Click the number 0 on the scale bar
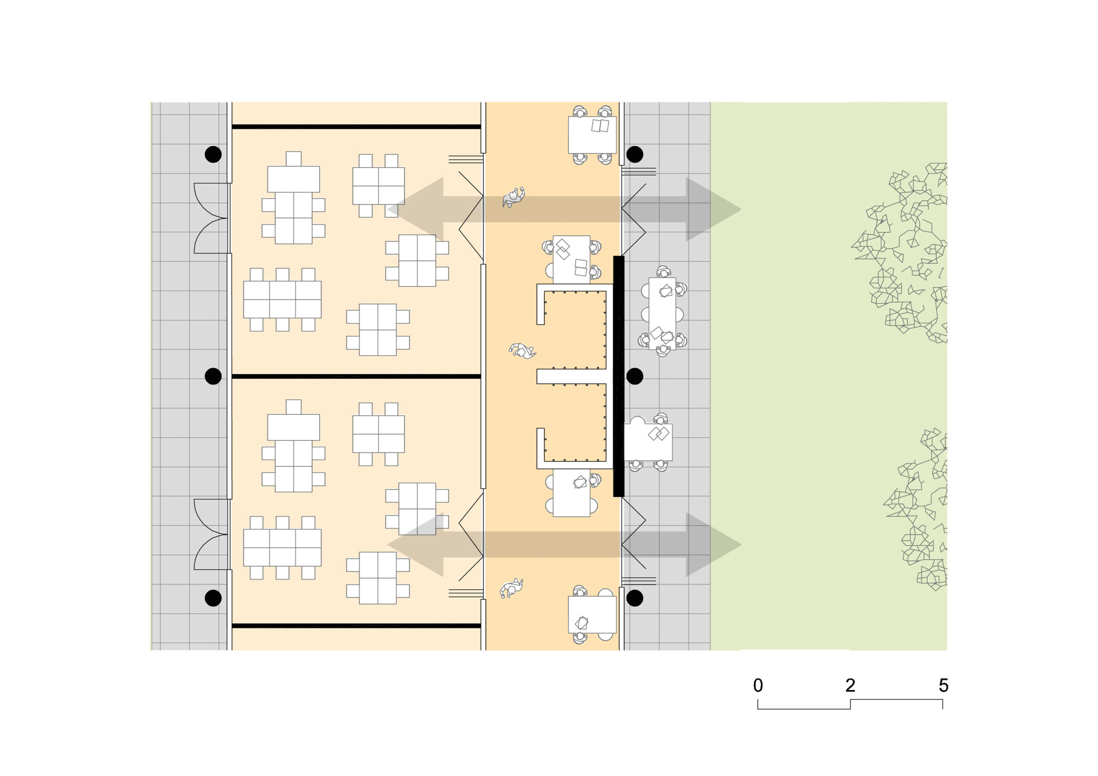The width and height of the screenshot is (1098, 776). [758, 685]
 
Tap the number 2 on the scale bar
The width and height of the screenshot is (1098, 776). [850, 685]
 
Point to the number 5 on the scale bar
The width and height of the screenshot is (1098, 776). [943, 685]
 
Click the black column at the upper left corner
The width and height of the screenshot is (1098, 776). [213, 154]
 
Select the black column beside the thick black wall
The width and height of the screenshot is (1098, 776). [635, 376]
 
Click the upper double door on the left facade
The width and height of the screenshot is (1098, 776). [211, 218]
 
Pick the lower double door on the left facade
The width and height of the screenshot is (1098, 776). [211, 535]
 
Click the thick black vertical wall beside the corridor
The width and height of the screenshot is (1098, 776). [619, 376]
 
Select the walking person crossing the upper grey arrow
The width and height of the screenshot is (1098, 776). [513, 196]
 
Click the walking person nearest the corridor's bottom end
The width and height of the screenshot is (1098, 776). [511, 588]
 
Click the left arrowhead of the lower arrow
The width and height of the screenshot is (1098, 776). [415, 544]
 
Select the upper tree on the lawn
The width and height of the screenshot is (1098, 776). [899, 253]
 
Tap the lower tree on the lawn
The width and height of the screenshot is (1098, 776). [916, 510]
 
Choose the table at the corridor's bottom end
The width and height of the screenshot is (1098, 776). [592, 614]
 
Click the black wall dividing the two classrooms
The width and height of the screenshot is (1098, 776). [356, 376]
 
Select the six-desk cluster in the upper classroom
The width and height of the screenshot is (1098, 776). [282, 300]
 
